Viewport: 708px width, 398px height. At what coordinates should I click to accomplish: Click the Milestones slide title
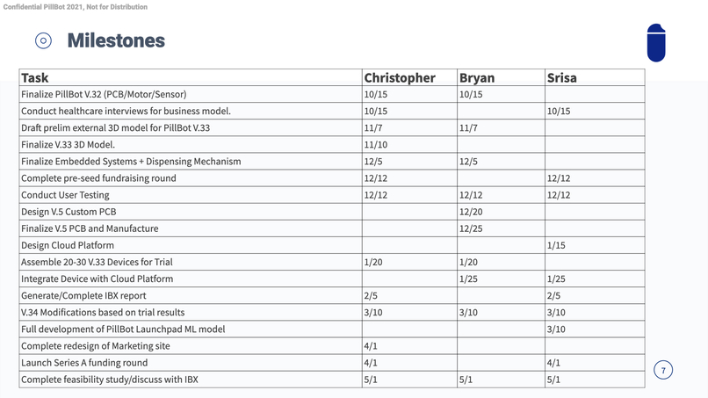[x=115, y=40]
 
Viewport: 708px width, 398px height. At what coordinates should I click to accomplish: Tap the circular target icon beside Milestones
[x=44, y=40]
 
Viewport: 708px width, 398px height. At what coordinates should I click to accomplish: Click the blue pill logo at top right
[x=655, y=41]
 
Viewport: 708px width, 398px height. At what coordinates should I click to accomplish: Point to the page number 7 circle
[x=663, y=370]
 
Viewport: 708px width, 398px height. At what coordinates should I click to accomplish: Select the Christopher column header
[x=400, y=77]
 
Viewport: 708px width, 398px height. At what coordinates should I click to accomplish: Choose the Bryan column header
[x=477, y=77]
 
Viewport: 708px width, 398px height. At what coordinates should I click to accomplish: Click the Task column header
[x=35, y=77]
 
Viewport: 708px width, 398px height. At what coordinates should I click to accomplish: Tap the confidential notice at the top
[x=76, y=7]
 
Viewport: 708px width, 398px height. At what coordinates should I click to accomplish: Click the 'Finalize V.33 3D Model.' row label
[x=68, y=144]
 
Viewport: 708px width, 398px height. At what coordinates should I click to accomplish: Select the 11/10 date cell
[x=376, y=144]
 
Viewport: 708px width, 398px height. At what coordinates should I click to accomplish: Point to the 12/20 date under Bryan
[x=472, y=212]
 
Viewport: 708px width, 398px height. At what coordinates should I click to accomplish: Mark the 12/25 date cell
[x=472, y=228]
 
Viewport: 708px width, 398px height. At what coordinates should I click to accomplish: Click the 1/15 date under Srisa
[x=556, y=245]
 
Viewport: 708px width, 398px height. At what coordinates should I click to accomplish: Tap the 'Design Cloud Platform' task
[x=68, y=245]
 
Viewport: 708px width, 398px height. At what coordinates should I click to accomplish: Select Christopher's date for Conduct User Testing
[x=376, y=195]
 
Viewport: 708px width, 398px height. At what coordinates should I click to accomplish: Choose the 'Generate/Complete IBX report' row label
[x=83, y=295]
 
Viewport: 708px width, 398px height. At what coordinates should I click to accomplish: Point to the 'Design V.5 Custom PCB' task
[x=69, y=212]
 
